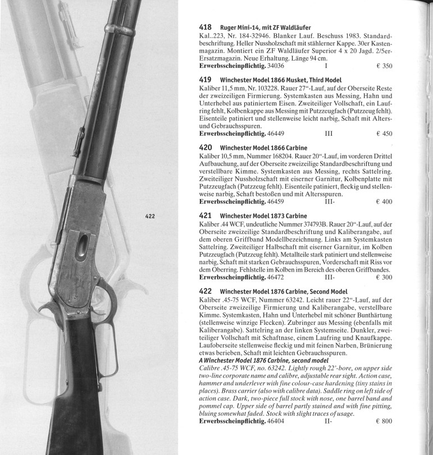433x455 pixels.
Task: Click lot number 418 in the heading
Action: coord(206,26)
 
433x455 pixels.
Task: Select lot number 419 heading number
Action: coord(206,80)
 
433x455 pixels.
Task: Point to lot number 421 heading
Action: coord(206,215)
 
